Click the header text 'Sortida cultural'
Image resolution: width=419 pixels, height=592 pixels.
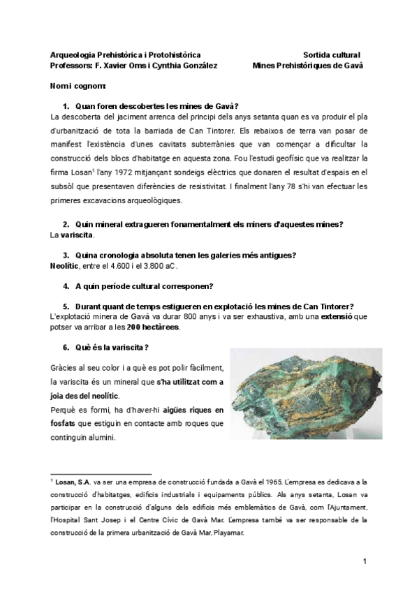pos(332,54)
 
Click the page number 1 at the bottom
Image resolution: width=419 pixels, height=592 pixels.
pos(364,561)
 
